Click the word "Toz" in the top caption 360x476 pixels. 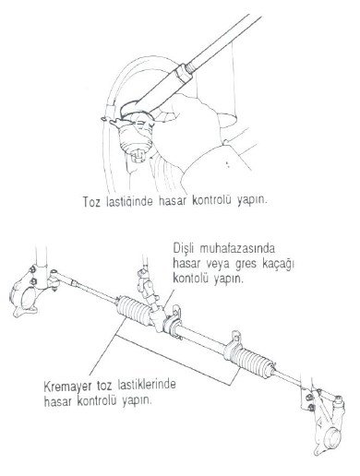tap(91, 202)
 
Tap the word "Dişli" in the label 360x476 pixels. tap(184, 248)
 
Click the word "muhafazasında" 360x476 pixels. tap(237, 248)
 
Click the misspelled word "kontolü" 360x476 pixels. tap(191, 279)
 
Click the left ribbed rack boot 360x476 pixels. tap(135, 309)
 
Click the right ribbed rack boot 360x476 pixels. tap(251, 359)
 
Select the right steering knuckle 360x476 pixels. tap(325, 422)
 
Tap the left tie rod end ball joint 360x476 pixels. tap(54, 280)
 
